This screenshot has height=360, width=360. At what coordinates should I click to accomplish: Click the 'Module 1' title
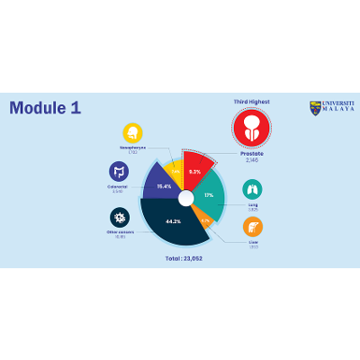[45, 108]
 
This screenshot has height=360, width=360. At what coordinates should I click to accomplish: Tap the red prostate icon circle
[252, 128]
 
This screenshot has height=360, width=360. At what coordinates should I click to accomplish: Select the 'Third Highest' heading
[251, 102]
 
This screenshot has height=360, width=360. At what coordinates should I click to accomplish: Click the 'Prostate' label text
[252, 153]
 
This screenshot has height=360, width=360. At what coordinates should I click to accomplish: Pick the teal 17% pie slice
[210, 195]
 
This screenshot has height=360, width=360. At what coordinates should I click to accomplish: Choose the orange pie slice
[205, 220]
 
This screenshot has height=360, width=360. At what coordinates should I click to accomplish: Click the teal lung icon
[253, 189]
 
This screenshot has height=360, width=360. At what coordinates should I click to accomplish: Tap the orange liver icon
[253, 227]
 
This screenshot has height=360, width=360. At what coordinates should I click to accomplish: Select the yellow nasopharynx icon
[133, 132]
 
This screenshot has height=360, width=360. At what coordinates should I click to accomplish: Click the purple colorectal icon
[119, 171]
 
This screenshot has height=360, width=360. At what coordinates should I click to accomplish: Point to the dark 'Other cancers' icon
[120, 218]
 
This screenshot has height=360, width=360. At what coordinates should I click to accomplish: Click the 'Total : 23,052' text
[184, 258]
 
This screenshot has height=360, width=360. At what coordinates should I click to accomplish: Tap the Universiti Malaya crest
[315, 108]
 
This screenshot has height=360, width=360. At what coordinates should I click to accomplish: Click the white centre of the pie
[185, 198]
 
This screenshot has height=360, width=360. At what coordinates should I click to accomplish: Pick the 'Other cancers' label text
[120, 232]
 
